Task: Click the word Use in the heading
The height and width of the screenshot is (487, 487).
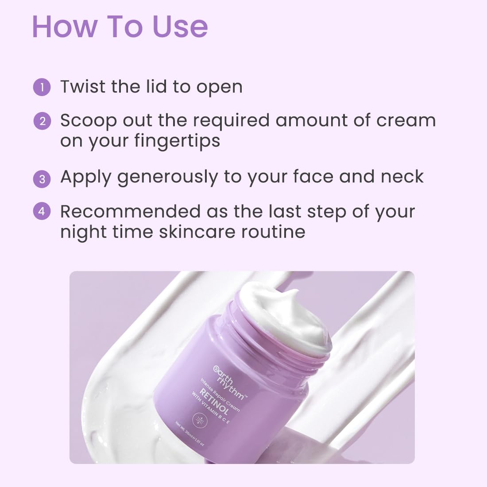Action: pyautogui.click(x=180, y=27)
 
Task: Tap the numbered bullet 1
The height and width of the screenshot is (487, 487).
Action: pyautogui.click(x=42, y=87)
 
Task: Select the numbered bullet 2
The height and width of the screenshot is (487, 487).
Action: pyautogui.click(x=42, y=121)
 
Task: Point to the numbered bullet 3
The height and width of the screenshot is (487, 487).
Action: pyautogui.click(x=42, y=178)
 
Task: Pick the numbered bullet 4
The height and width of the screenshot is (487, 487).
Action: pyautogui.click(x=42, y=212)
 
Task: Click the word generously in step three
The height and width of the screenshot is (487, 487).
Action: pyautogui.click(x=167, y=177)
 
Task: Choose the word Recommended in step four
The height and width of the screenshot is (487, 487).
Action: pyautogui.click(x=130, y=212)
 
